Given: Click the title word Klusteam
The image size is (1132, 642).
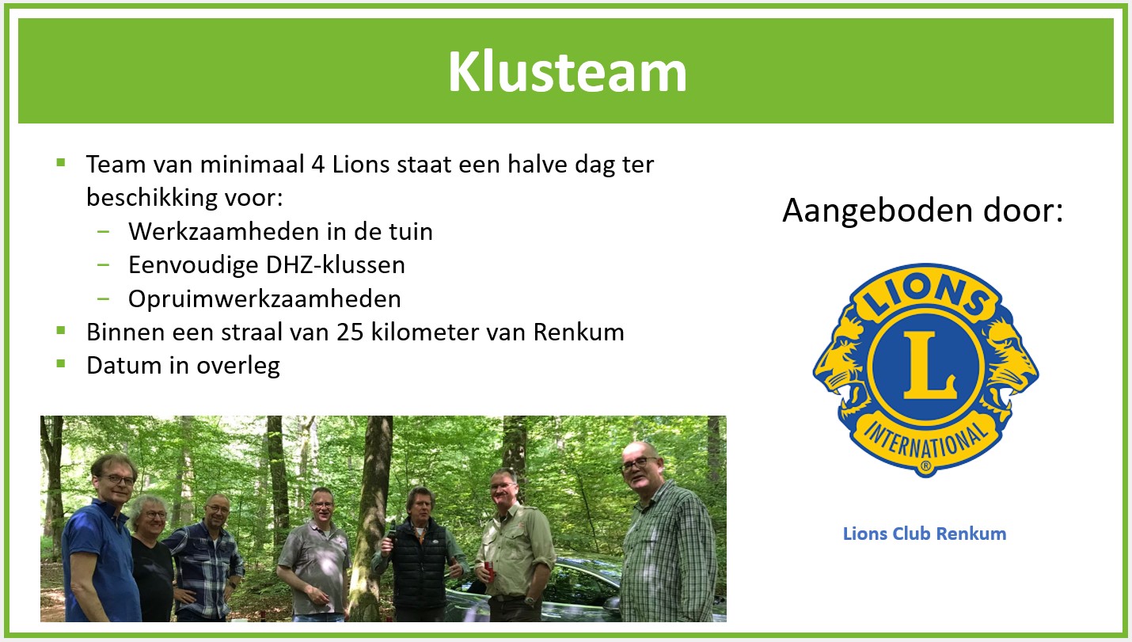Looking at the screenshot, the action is [x=567, y=72].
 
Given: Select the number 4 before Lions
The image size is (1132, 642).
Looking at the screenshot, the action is [x=318, y=165].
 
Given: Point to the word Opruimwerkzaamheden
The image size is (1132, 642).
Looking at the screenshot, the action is [x=264, y=299].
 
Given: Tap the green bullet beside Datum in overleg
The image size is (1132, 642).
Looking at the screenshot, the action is [x=61, y=364].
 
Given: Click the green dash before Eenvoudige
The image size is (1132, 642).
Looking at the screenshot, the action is [x=103, y=264].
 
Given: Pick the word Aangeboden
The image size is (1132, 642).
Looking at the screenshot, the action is [x=877, y=211].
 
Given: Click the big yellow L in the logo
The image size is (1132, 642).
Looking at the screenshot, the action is [x=929, y=365].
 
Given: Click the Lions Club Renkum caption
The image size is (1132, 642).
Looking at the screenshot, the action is [x=925, y=534].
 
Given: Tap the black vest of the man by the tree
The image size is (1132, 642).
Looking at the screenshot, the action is [x=420, y=561].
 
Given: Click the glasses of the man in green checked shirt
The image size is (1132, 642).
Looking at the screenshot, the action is [x=640, y=463].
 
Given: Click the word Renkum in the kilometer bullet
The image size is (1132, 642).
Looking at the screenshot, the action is [x=579, y=332].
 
